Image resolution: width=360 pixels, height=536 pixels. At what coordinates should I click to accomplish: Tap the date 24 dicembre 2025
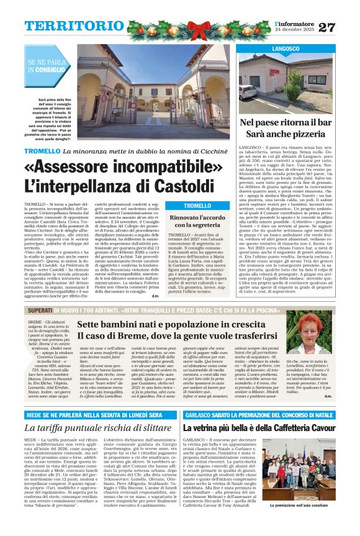[294, 30]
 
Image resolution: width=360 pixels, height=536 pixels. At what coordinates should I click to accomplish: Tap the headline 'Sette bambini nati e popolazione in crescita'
[184, 324]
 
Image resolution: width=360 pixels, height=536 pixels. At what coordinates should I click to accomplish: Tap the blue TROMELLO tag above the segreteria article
[197, 206]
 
